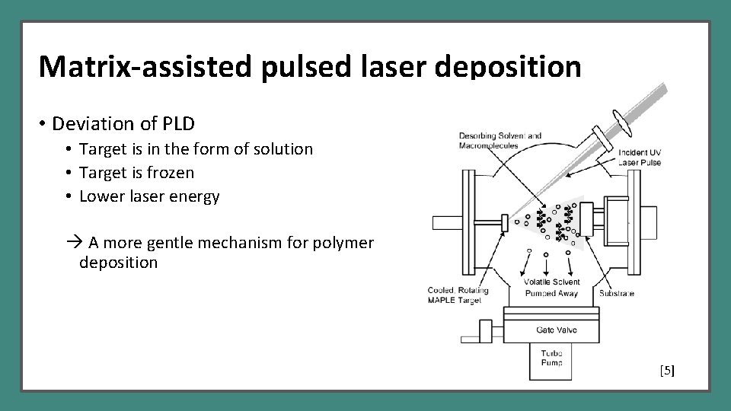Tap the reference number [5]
[x=667, y=371]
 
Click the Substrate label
[x=618, y=292]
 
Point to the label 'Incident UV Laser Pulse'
[x=640, y=158]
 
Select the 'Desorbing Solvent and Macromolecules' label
[x=500, y=141]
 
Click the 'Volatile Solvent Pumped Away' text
[x=551, y=288]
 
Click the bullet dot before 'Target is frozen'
[x=68, y=174]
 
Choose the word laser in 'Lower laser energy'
[x=144, y=196]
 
